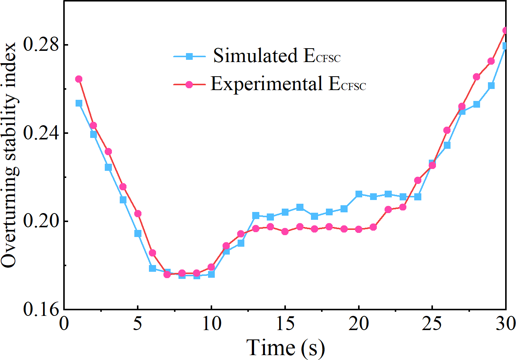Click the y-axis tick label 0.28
[x=41, y=45]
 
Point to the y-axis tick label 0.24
[x=41, y=133]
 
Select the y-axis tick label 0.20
[x=41, y=221]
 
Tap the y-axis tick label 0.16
[x=41, y=310]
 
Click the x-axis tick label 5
[x=138, y=323]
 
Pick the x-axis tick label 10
[x=212, y=323]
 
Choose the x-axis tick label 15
[x=285, y=323]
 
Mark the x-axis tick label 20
[x=359, y=323]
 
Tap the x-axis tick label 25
[x=432, y=323]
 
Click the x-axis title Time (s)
[x=285, y=348]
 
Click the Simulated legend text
[x=277, y=56]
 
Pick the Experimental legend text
[x=288, y=84]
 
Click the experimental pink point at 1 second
[x=79, y=79]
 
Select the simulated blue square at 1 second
[x=79, y=103]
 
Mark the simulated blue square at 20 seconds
[x=359, y=194]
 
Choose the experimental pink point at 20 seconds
[x=359, y=229]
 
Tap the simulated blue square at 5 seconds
[x=138, y=234]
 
